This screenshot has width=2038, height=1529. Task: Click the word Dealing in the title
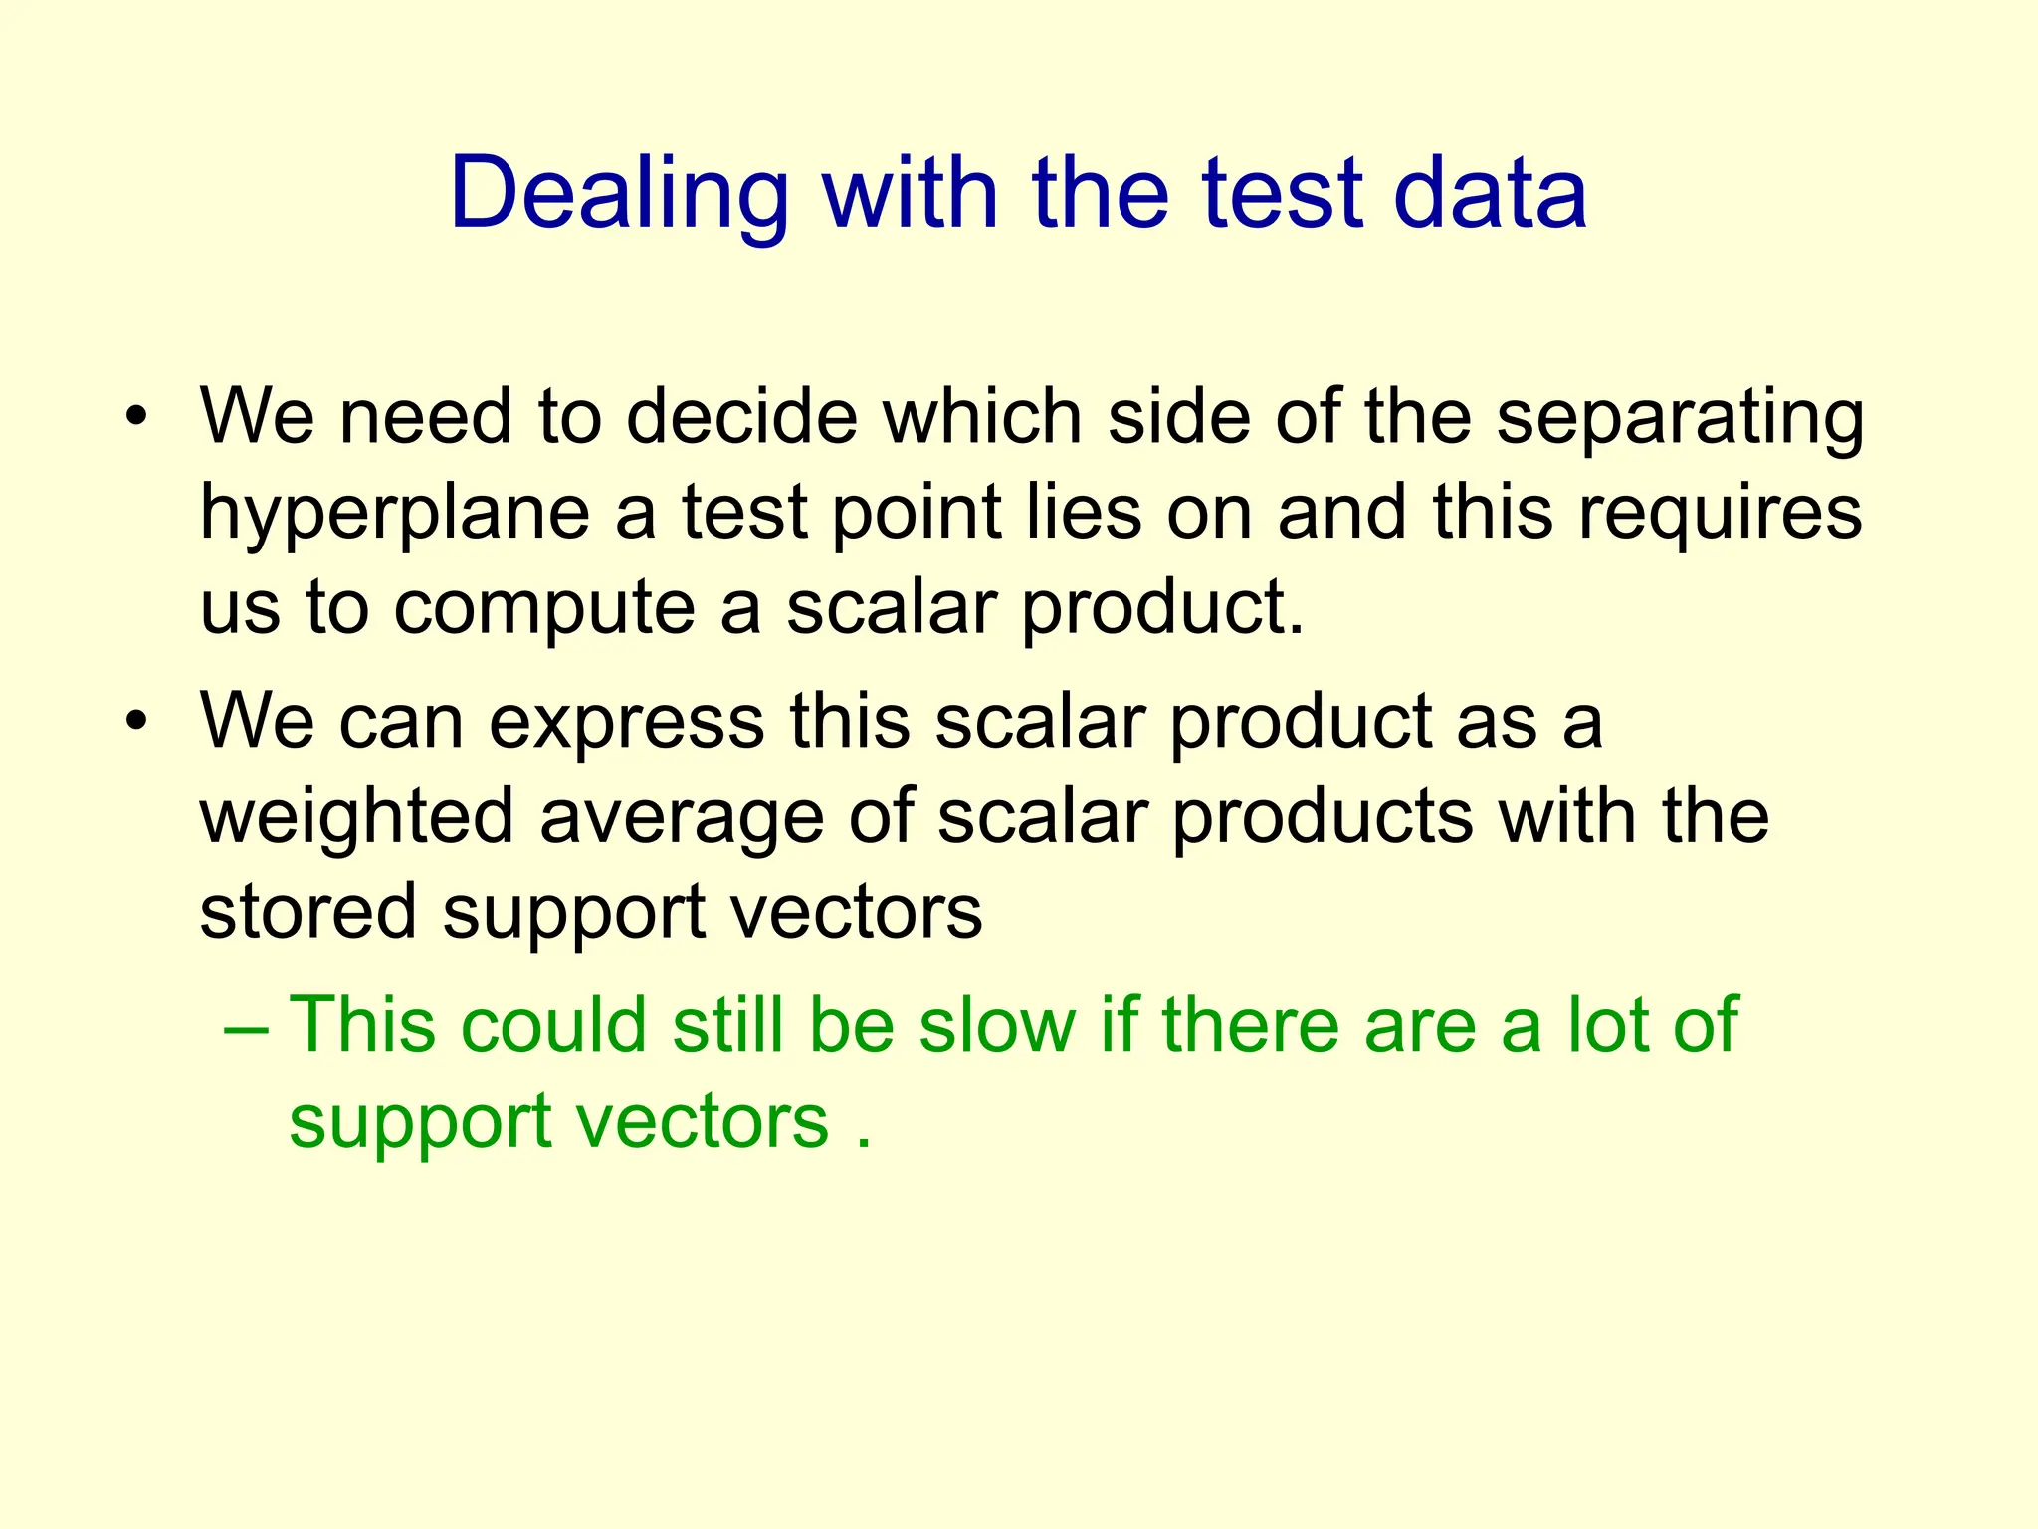pyautogui.click(x=619, y=194)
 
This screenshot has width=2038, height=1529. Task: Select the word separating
pyautogui.click(x=1680, y=418)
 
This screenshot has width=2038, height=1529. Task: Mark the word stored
pyautogui.click(x=307, y=912)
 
